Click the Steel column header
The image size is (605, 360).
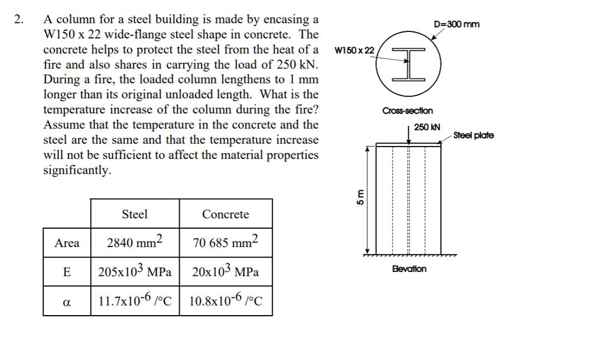135,214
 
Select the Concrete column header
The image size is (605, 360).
226,214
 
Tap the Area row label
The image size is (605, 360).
67,243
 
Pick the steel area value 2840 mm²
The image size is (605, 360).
135,242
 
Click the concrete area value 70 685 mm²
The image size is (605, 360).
225,242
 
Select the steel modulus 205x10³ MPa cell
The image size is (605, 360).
135,271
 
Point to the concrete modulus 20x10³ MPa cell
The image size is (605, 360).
226,271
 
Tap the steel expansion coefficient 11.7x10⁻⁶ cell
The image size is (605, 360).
135,300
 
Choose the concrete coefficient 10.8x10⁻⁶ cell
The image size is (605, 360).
226,300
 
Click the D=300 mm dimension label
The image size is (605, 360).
457,24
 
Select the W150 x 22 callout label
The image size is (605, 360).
354,51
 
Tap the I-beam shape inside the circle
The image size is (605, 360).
409,64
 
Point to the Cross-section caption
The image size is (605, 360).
408,111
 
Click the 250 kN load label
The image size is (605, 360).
427,127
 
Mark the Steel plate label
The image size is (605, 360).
473,135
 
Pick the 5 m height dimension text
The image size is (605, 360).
360,197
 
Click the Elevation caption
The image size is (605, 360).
409,269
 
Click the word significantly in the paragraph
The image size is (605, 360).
77,170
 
